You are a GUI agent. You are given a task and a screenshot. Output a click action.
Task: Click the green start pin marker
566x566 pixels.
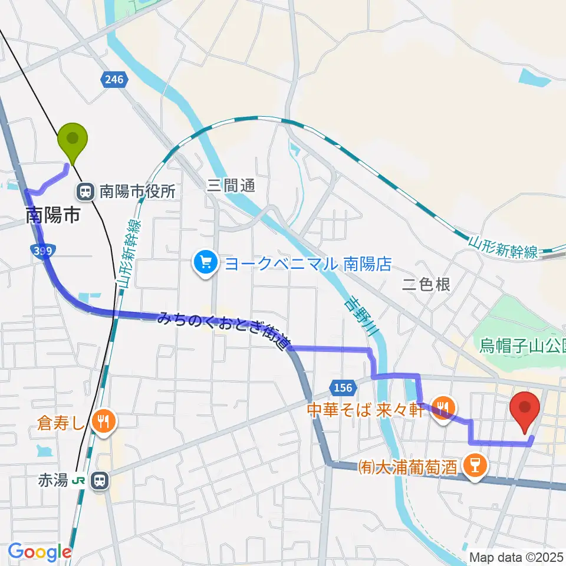tap(73, 140)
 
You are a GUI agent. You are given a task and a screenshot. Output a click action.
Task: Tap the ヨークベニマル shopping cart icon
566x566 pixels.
tap(206, 263)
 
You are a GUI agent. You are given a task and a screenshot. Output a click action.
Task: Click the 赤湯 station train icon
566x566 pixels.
tap(101, 481)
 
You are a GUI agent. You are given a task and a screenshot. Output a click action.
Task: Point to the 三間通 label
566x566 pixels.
tap(231, 186)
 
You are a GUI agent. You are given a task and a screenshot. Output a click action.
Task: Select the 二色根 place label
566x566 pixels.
tap(426, 285)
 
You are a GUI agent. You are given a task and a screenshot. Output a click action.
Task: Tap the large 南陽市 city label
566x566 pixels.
tap(53, 215)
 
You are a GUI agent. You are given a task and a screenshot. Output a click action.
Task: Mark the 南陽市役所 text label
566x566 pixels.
tap(137, 192)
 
